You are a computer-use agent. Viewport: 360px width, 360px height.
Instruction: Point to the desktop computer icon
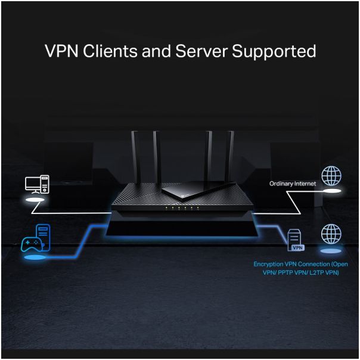pos(37,184)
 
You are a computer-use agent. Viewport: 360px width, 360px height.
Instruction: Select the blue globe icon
pos(332,233)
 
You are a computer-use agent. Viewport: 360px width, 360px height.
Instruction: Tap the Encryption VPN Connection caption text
pos(300,268)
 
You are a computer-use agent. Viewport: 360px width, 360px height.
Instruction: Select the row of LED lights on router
pos(180,209)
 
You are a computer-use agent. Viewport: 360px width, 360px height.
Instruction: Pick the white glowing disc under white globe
pos(332,191)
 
